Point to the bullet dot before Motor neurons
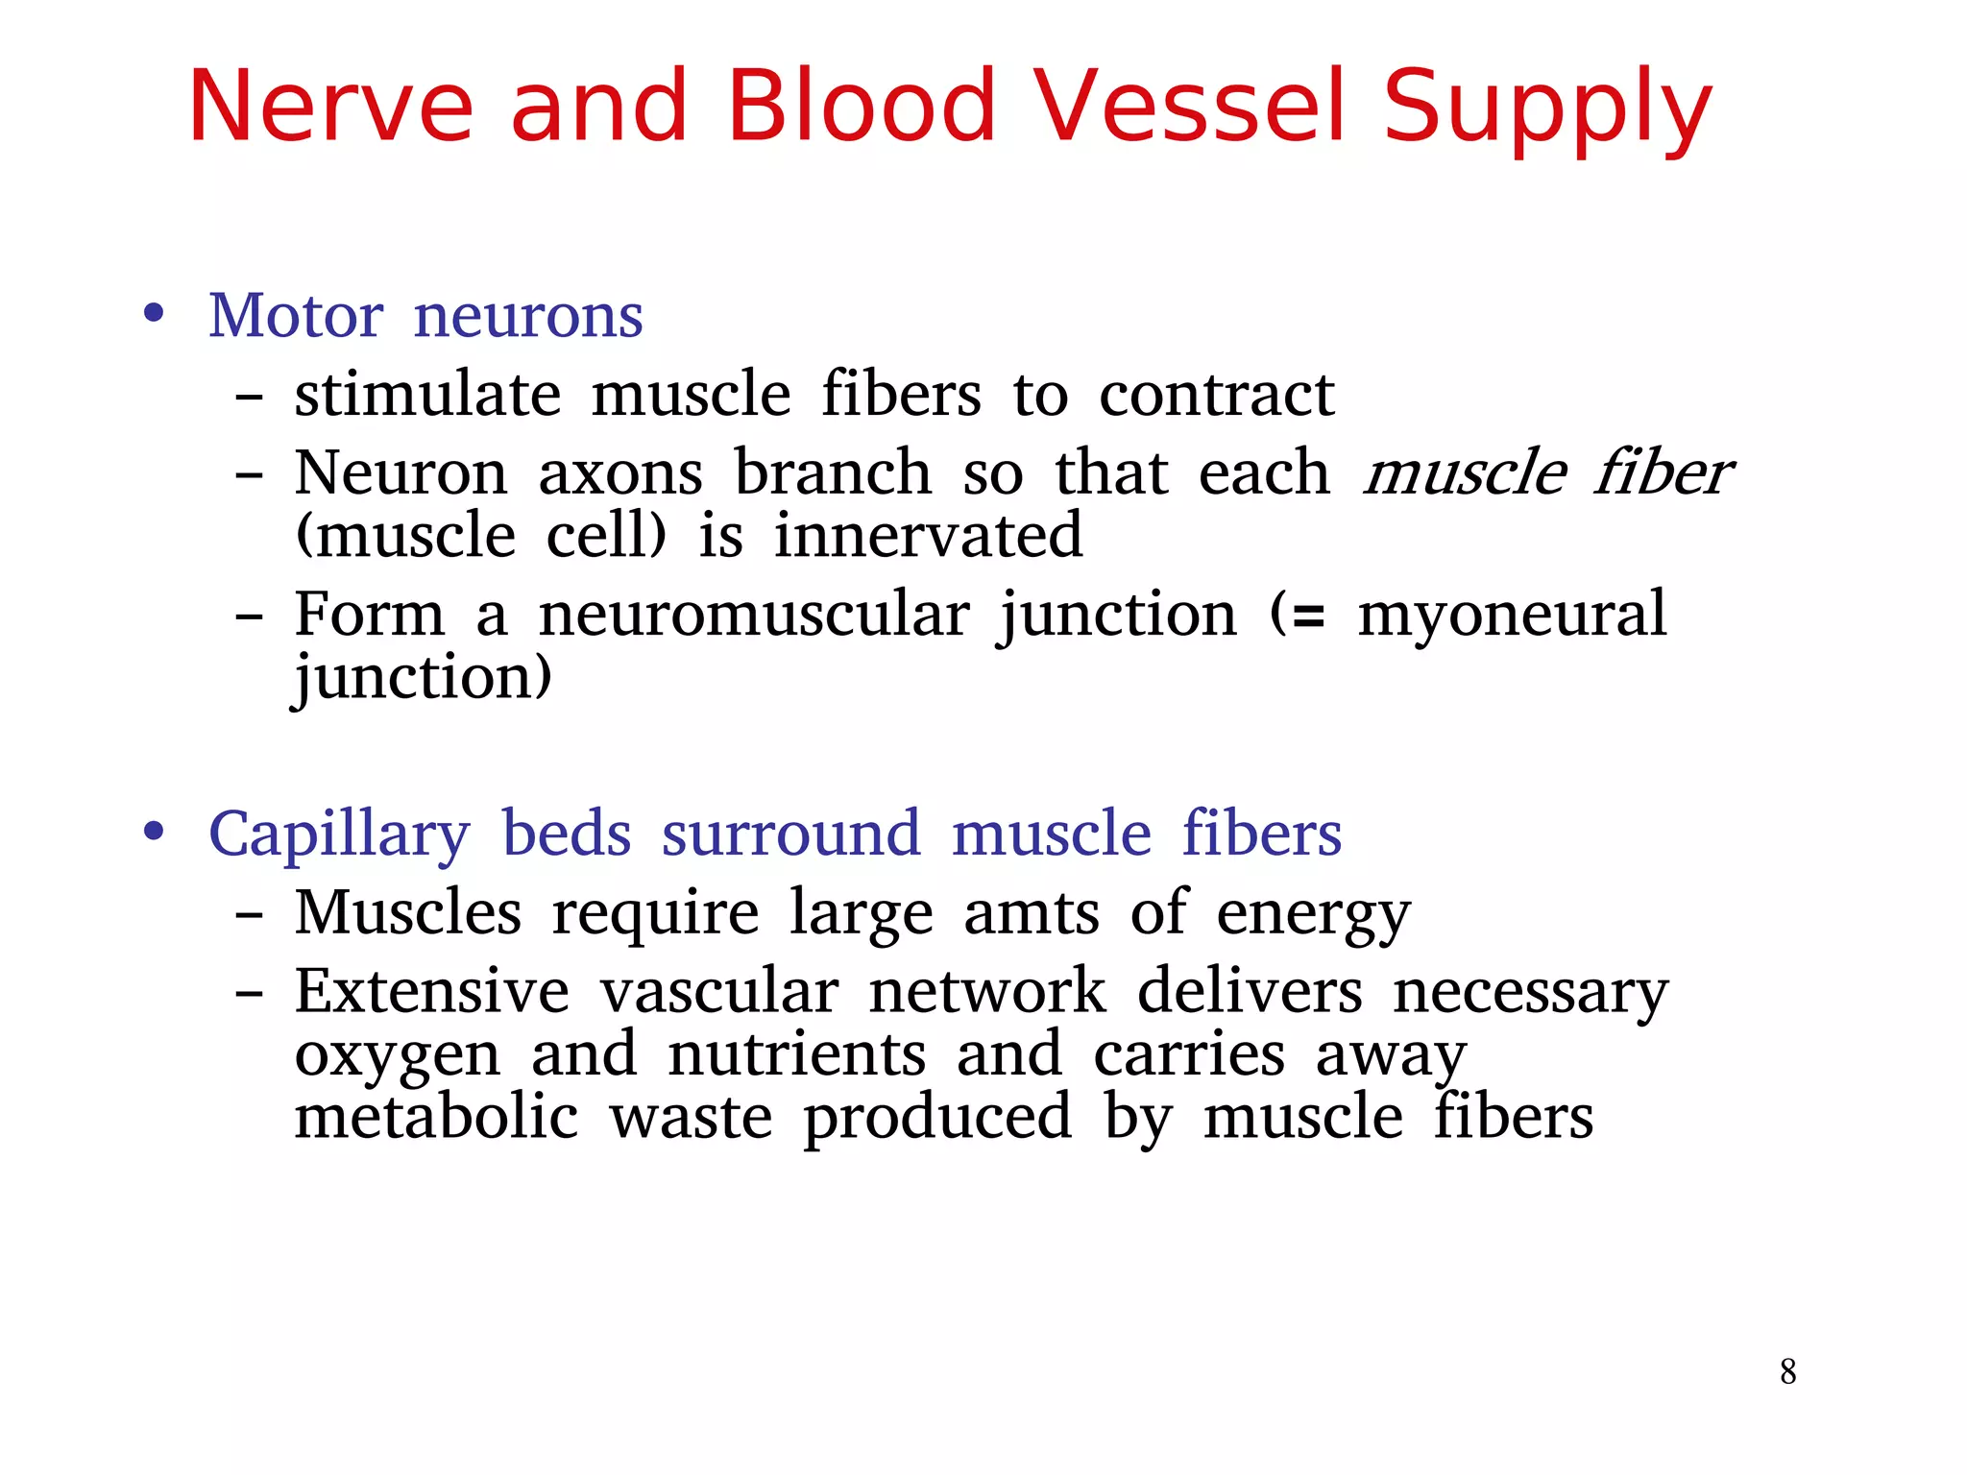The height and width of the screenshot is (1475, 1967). coord(154,314)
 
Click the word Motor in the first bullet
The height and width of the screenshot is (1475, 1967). coord(296,316)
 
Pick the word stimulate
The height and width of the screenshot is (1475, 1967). coord(427,395)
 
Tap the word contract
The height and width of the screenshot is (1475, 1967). coord(1216,395)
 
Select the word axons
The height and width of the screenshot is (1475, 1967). coord(620,473)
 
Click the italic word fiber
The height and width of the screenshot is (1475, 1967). coord(1663,473)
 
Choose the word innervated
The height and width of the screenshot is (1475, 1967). coord(928,536)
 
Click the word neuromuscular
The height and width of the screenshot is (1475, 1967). coord(754,615)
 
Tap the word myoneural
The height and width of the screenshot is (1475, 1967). coord(1512,615)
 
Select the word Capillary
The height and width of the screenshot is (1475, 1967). coord(339,835)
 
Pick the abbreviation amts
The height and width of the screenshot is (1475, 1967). coord(1031,912)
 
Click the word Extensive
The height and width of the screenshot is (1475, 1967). coord(431,991)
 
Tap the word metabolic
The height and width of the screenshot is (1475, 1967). coord(436,1118)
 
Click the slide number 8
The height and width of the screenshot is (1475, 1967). coord(1787,1371)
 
